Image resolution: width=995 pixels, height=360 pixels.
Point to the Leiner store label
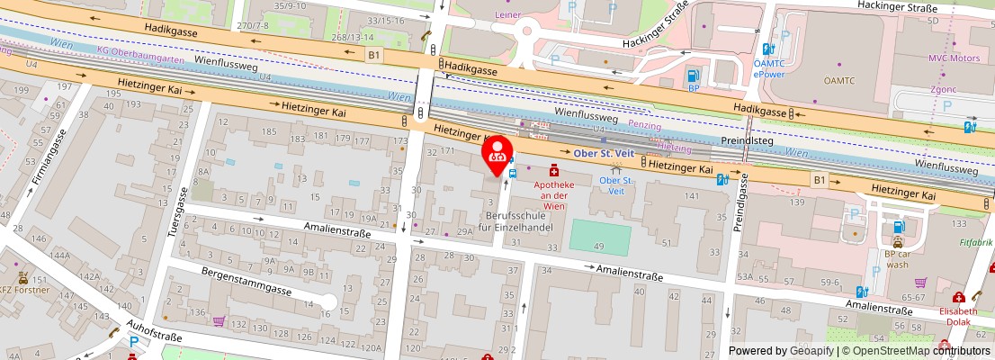tap(508, 14)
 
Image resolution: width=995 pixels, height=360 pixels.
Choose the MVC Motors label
tap(954, 58)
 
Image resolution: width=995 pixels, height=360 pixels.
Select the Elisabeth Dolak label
tap(957, 317)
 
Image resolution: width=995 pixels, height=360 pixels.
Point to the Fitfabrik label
tap(976, 242)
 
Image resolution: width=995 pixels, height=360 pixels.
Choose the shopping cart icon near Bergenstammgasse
tap(219, 320)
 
